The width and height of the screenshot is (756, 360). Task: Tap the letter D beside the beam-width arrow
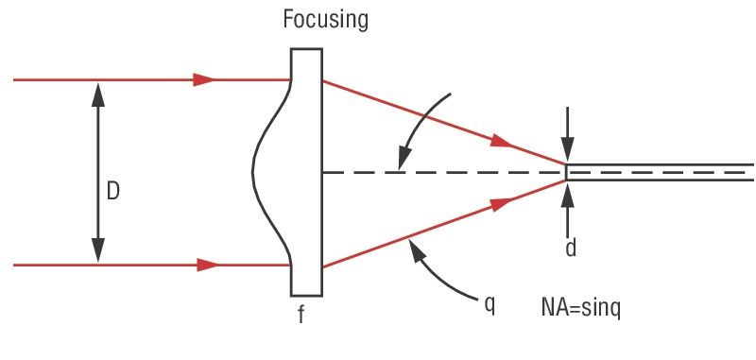[112, 192]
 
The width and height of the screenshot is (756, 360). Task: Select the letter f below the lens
[301, 315]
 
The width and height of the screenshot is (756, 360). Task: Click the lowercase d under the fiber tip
[571, 249]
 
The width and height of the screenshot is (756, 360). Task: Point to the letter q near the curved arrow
[490, 307]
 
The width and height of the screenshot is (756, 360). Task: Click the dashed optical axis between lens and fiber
[444, 172]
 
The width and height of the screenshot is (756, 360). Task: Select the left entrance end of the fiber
[567, 172]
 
